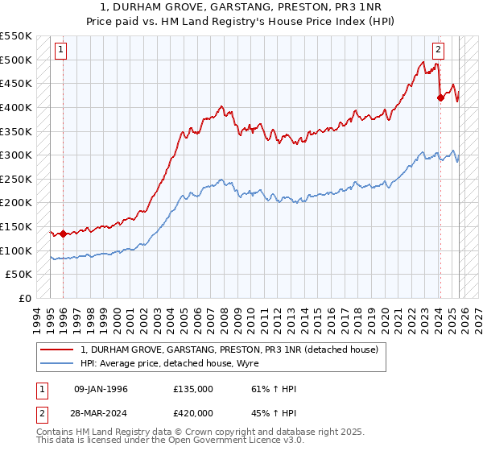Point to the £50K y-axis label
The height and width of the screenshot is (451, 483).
[x=19, y=275]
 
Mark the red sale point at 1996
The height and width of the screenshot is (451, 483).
[x=63, y=234]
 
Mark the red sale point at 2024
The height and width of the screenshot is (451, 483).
[x=440, y=98]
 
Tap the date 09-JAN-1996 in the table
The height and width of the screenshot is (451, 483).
[x=101, y=389]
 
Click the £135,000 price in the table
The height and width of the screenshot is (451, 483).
[x=193, y=389]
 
